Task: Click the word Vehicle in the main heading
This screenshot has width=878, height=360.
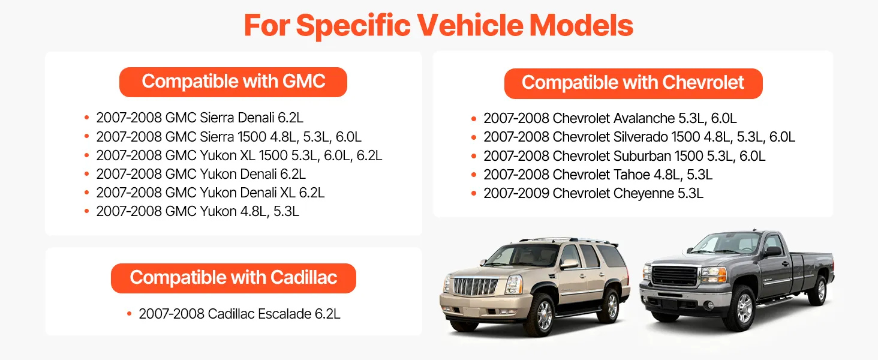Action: [x=470, y=25]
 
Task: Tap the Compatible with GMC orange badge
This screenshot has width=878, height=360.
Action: [x=233, y=82]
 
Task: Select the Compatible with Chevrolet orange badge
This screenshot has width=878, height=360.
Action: [x=633, y=83]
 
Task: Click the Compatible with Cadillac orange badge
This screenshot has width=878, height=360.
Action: [x=233, y=278]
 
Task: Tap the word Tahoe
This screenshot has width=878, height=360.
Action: [x=632, y=175]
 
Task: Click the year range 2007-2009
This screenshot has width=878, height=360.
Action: [x=516, y=193]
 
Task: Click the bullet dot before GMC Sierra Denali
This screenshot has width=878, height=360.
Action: [x=86, y=118]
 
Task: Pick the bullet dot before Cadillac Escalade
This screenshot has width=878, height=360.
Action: [x=129, y=314]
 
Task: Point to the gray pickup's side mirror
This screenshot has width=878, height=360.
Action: [x=772, y=251]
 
